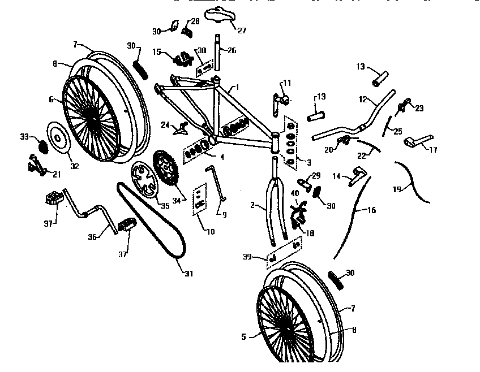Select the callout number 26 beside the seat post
point(232,51)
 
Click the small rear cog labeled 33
point(42,146)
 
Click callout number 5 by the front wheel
point(243,336)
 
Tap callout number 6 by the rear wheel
point(51,99)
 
